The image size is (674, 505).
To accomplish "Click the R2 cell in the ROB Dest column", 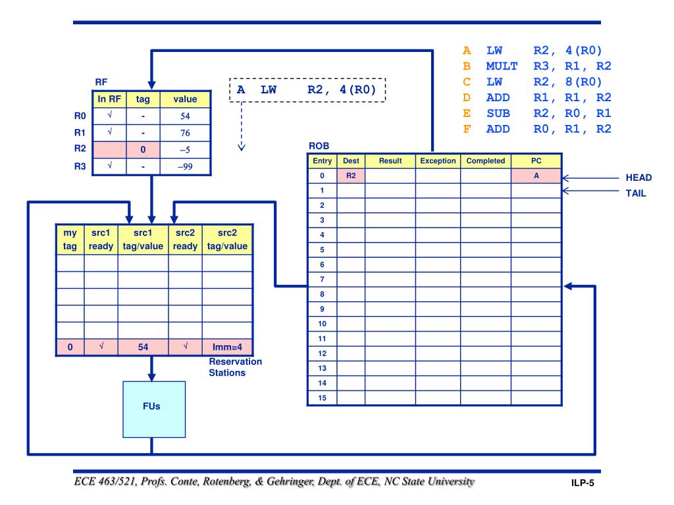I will [350, 176].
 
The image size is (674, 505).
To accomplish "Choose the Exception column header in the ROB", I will [437, 160].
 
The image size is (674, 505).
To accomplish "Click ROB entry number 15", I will [322, 397].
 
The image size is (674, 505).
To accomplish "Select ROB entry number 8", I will [322, 294].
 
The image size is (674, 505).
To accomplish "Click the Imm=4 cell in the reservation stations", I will [226, 347].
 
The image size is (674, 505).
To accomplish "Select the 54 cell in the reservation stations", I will [142, 347].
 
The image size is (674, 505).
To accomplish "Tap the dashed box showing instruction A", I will [307, 89].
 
